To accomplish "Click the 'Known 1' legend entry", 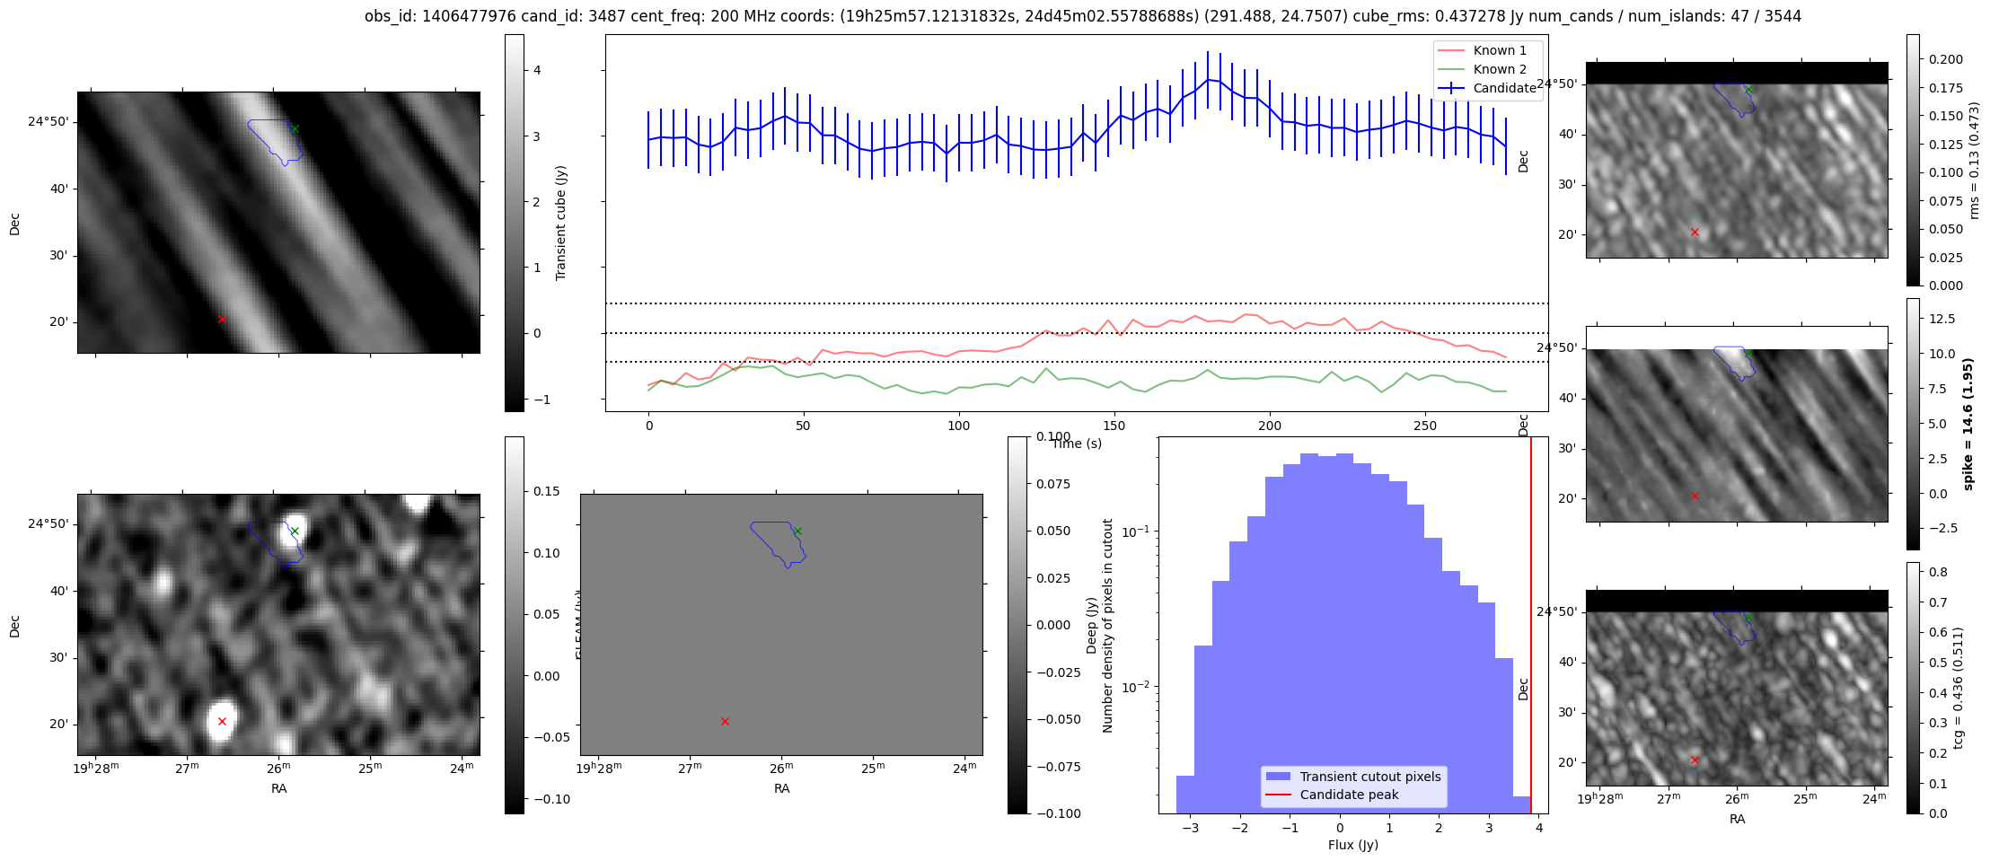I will (1500, 50).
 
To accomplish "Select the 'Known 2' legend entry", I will (1500, 69).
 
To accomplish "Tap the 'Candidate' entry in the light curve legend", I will (1504, 88).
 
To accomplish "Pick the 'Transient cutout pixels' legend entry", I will (1369, 777).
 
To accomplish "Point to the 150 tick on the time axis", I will (1114, 426).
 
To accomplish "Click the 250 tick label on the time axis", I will (1425, 426).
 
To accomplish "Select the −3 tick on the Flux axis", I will (1190, 828).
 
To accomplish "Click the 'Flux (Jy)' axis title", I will (1352, 845).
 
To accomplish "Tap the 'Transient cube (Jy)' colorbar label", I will (561, 223).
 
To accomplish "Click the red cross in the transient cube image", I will (222, 319).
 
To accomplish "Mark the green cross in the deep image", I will (295, 531).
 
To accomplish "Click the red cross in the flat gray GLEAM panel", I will (725, 721).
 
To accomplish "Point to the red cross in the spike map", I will (1695, 496).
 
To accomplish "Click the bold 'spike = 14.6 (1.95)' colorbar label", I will (1968, 424).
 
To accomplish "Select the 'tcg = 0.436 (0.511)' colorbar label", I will (1959, 688).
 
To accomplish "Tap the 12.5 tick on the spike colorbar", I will (1941, 319).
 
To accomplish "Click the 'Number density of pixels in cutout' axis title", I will (1108, 625).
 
